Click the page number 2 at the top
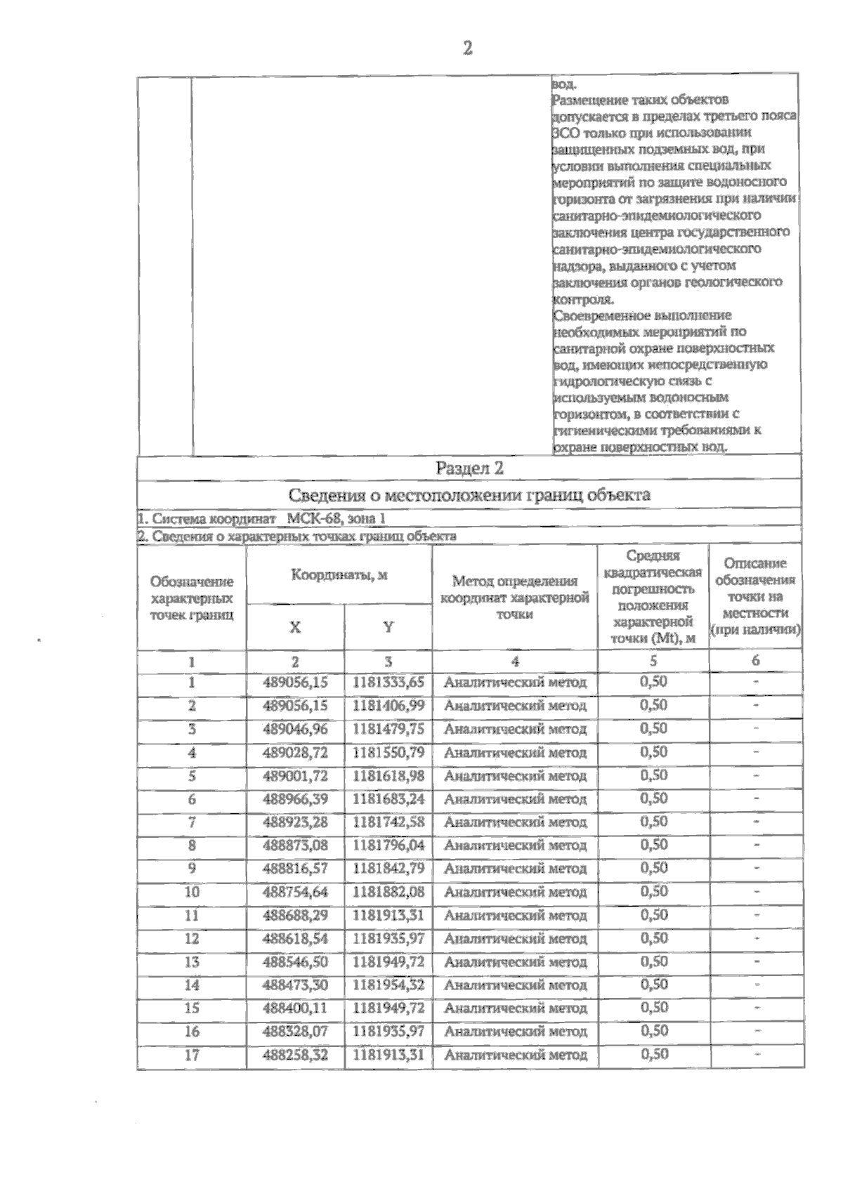pyautogui.click(x=468, y=48)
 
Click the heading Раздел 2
pyautogui.click(x=469, y=468)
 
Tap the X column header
pyautogui.click(x=295, y=627)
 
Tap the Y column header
pyautogui.click(x=388, y=627)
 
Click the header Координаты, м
pyautogui.click(x=339, y=575)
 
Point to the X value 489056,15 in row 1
pyautogui.click(x=295, y=682)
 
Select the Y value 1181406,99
pyautogui.click(x=388, y=705)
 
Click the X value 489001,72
pyautogui.click(x=295, y=775)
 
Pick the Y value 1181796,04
pyautogui.click(x=388, y=845)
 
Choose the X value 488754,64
pyautogui.click(x=295, y=892)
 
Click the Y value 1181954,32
pyautogui.click(x=388, y=985)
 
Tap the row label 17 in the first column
pyautogui.click(x=192, y=1055)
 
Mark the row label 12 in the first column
pyautogui.click(x=192, y=938)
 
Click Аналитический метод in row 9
pyautogui.click(x=515, y=869)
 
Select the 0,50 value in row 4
pyautogui.click(x=653, y=751)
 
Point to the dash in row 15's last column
pyautogui.click(x=757, y=1008)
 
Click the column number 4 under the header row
pyautogui.click(x=515, y=661)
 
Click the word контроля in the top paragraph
pyautogui.click(x=578, y=299)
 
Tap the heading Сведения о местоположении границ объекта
pyautogui.click(x=469, y=494)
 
